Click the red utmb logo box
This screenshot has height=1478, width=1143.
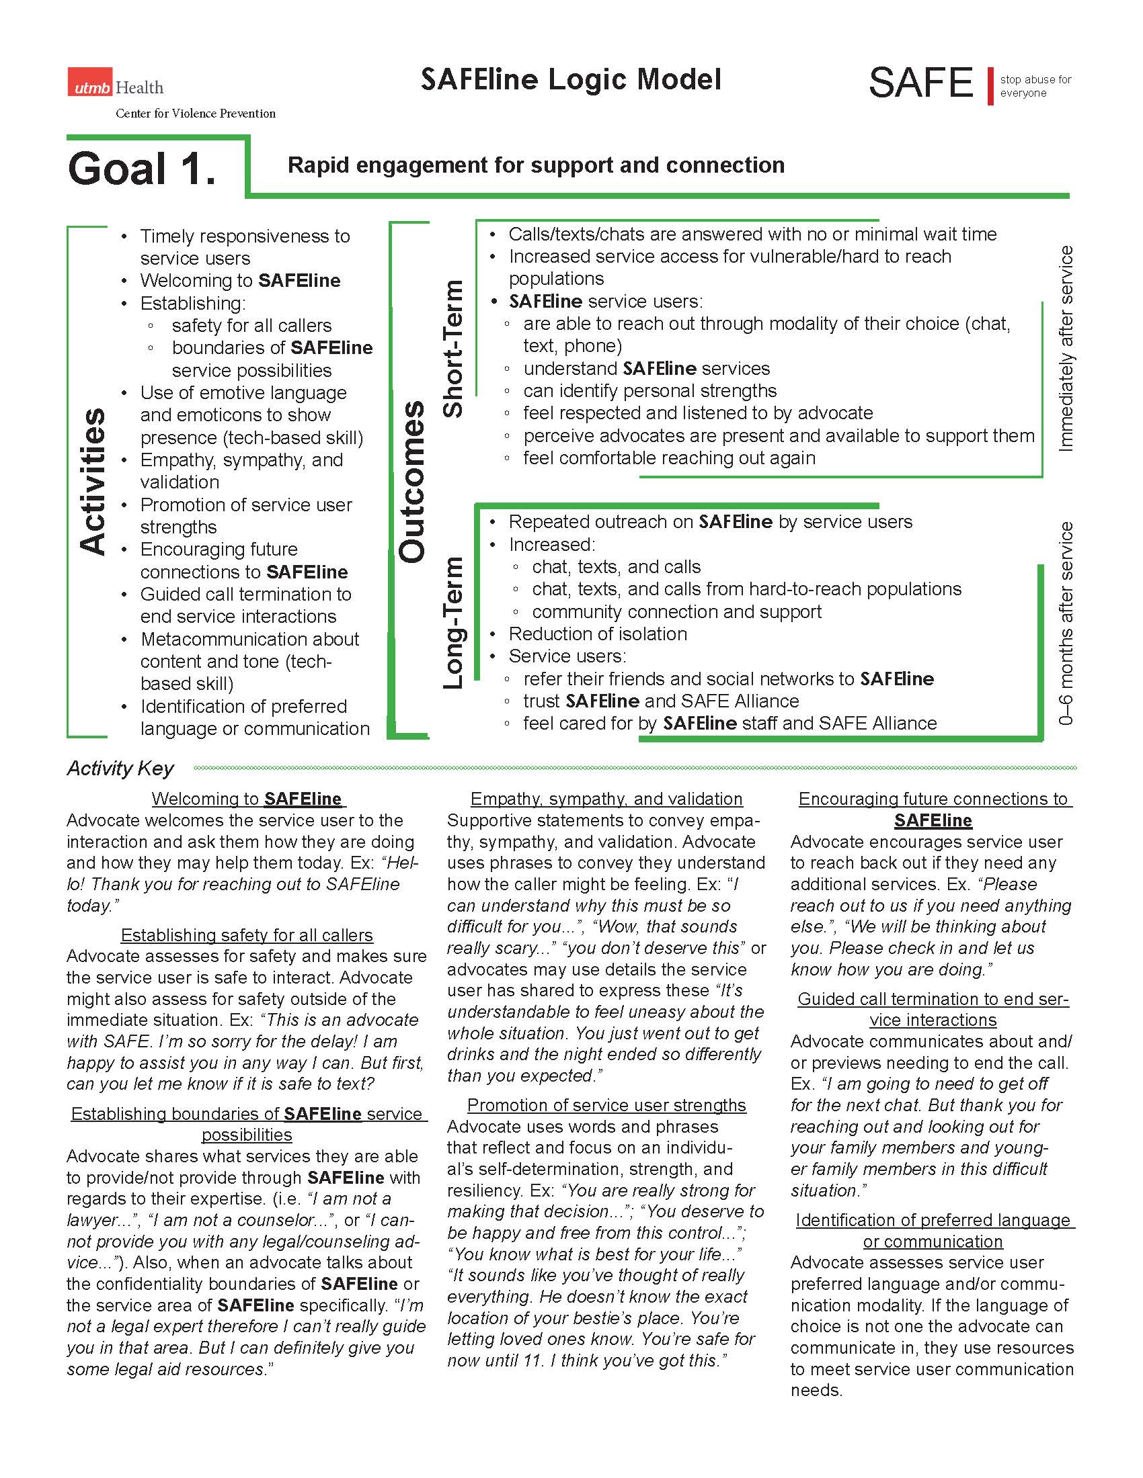click(x=89, y=83)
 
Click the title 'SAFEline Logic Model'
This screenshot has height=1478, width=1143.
click(x=571, y=80)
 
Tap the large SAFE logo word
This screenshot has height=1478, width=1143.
click(x=921, y=83)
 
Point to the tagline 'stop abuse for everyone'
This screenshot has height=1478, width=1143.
click(x=1035, y=86)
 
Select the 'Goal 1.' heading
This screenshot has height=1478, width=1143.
click(x=142, y=169)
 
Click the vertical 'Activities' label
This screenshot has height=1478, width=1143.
click(x=93, y=481)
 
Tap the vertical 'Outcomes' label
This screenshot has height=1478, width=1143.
click(x=411, y=482)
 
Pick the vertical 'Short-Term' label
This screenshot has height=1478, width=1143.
click(x=452, y=349)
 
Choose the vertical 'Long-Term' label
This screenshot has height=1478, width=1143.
click(x=452, y=623)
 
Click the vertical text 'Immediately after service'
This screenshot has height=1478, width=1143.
click(x=1065, y=349)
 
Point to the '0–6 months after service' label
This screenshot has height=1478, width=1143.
click(x=1065, y=623)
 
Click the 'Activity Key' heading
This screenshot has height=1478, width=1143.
click(x=120, y=768)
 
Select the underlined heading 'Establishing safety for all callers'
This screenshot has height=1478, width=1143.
click(x=247, y=934)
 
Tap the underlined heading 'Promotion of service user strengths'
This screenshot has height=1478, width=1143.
click(x=606, y=1105)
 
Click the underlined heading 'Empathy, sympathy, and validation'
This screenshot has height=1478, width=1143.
click(x=606, y=799)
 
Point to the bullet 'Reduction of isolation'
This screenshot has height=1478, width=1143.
click(x=597, y=634)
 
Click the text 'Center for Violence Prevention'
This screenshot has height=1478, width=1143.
click(x=195, y=114)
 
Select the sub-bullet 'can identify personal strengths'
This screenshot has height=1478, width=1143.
click(x=649, y=390)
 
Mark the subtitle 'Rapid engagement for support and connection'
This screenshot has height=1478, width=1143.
click(x=536, y=165)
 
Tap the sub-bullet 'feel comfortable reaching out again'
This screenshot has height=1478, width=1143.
click(x=668, y=458)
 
